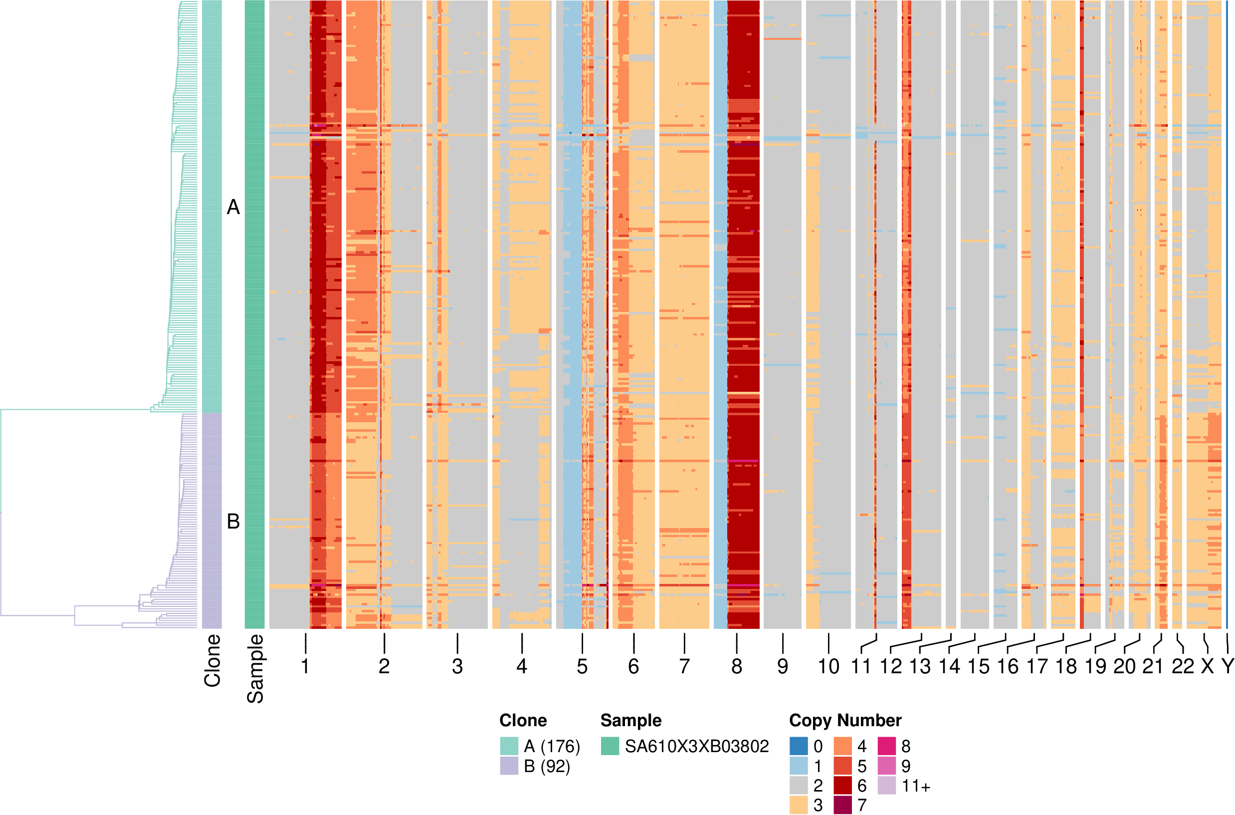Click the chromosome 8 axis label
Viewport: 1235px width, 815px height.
coord(736,666)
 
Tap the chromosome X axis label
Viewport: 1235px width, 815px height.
coord(1208,666)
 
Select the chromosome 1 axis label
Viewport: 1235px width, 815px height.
coord(305,666)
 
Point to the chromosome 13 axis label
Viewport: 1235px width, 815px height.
coord(920,666)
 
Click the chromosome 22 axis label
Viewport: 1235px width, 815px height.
coord(1183,666)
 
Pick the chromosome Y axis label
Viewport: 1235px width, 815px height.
coord(1227,666)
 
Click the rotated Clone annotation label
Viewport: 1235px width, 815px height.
coord(212,661)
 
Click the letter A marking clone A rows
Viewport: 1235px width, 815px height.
coord(233,208)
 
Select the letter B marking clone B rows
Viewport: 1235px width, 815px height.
coord(233,522)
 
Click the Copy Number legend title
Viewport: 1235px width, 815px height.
coord(845,720)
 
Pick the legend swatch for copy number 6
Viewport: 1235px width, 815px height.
coord(842,786)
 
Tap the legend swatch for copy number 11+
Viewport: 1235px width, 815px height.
coord(886,786)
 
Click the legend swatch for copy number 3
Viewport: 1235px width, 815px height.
coord(798,805)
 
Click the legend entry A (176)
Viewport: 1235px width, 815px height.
coord(552,747)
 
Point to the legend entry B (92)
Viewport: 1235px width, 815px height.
coord(547,766)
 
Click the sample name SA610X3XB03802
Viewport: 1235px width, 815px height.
coord(696,747)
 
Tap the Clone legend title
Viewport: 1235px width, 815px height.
coord(523,720)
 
